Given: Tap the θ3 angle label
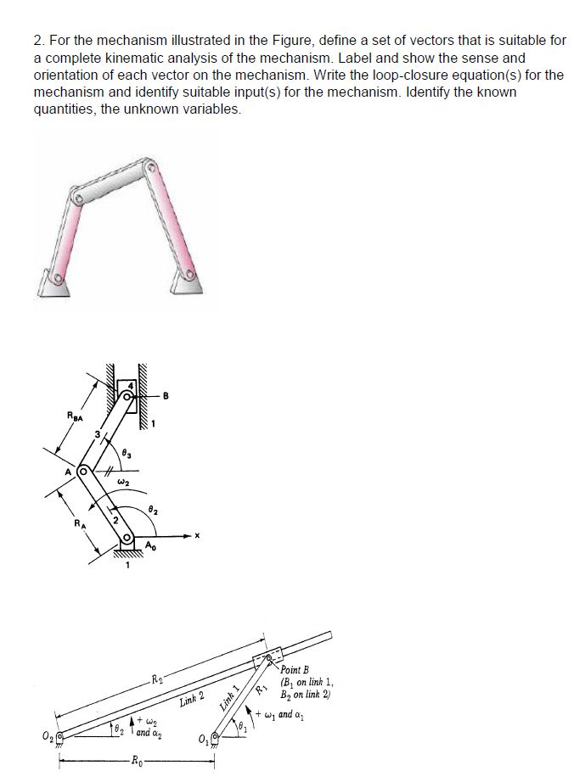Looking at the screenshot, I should pos(126,455).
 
